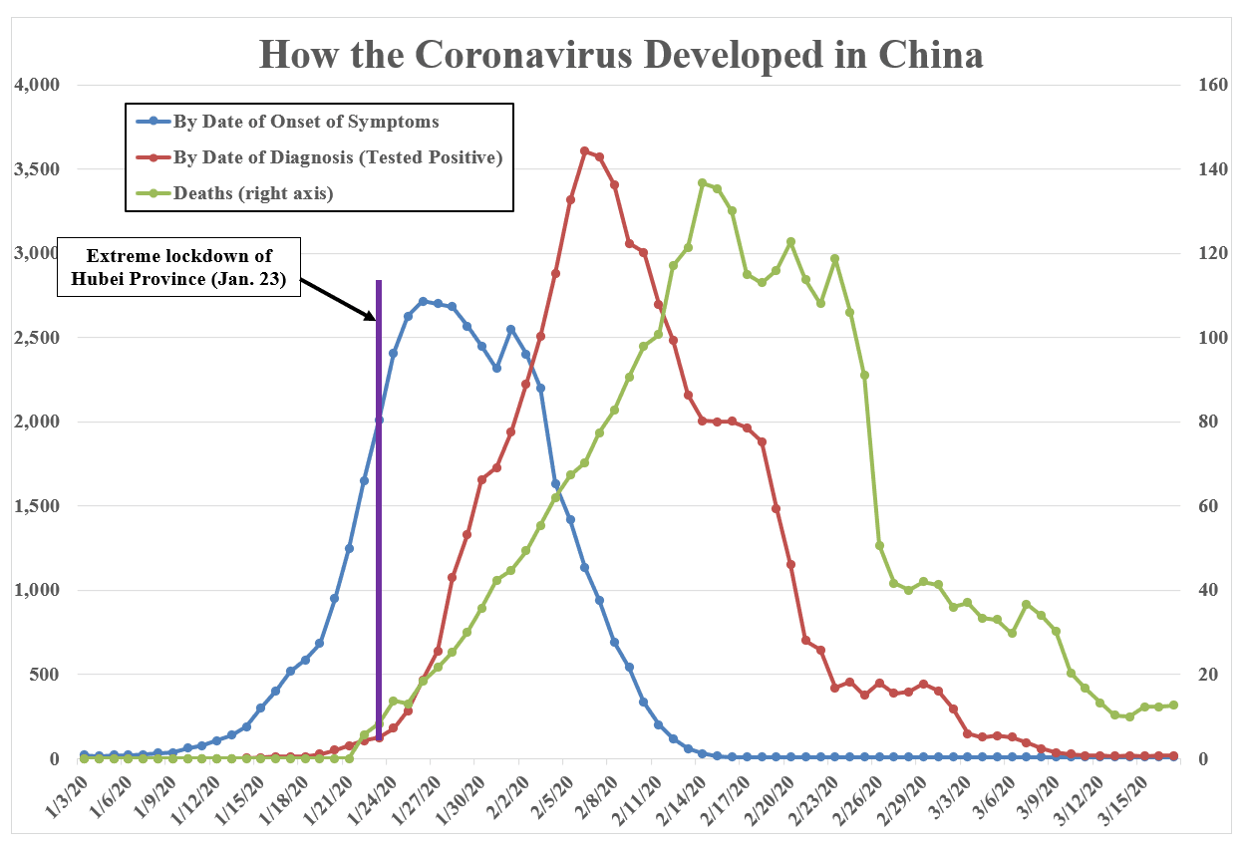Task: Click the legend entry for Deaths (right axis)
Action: point(253,193)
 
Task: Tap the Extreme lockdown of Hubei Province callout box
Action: point(178,266)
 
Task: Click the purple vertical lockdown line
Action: point(379,498)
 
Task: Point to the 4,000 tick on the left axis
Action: point(37,85)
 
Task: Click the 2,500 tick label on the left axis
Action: point(37,338)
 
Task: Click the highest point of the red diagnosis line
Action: point(585,150)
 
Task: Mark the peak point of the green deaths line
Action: point(702,182)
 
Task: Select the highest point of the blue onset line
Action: point(423,301)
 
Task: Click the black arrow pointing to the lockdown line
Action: point(339,298)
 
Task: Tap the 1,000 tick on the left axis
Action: point(37,590)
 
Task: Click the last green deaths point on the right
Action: point(1173,705)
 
